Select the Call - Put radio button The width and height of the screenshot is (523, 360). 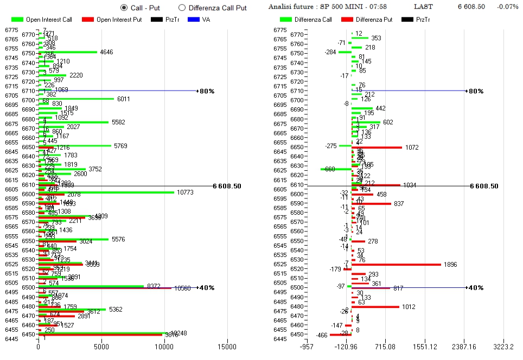coord(124,8)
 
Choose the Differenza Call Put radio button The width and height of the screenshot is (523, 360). coord(182,8)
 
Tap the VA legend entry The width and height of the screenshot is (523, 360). coord(198,20)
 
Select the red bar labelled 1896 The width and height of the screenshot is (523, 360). coord(396,264)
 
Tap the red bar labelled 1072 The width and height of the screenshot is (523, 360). coord(377,147)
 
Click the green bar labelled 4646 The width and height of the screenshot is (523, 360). coord(68,53)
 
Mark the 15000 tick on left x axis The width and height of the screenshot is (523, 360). coord(227,346)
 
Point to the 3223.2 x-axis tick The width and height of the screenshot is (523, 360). coord(504,346)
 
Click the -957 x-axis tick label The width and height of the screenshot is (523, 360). coord(307,346)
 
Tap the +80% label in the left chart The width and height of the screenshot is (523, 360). coord(206,91)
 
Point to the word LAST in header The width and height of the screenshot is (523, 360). coord(423,7)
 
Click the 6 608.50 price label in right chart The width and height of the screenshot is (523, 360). coord(484,186)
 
